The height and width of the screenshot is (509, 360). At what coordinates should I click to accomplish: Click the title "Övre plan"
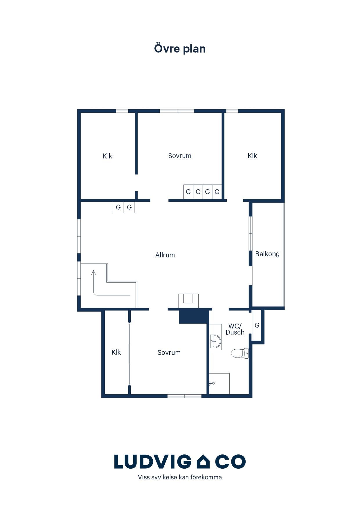(x=180, y=48)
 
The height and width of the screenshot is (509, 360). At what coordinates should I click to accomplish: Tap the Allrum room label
(x=165, y=255)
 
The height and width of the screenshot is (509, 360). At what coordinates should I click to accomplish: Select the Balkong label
(x=267, y=254)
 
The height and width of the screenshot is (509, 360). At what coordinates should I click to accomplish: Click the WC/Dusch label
(x=235, y=329)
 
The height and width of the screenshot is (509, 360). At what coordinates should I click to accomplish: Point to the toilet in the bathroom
(x=240, y=353)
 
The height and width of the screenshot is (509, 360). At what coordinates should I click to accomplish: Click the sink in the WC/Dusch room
(x=215, y=341)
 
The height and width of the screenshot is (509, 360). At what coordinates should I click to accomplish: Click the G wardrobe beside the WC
(x=257, y=325)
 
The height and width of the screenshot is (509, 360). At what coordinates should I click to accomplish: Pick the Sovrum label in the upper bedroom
(x=180, y=156)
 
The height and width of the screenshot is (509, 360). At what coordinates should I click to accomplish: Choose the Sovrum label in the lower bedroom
(x=169, y=353)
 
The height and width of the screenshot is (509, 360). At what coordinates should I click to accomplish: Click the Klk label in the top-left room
(x=107, y=156)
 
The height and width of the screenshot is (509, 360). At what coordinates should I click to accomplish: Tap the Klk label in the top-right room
(x=252, y=156)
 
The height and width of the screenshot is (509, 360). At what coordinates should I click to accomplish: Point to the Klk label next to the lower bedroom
(x=116, y=352)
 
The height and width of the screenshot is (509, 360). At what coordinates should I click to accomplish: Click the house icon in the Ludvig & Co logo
(x=203, y=462)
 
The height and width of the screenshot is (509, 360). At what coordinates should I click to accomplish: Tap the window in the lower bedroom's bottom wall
(x=184, y=396)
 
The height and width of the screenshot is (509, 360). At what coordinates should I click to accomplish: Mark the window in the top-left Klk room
(x=122, y=111)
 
